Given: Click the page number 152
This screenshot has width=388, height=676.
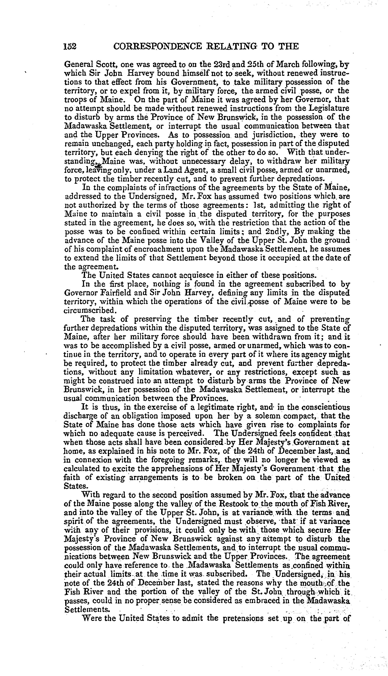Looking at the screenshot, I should (x=70, y=46).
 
